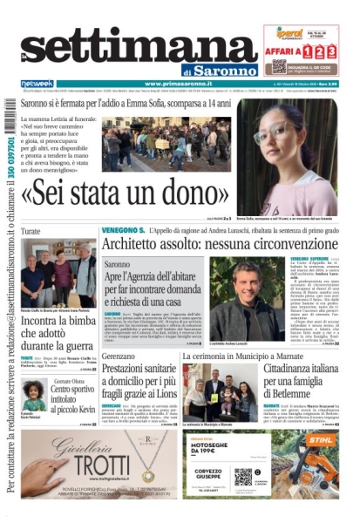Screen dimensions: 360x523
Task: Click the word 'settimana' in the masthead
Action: click(131, 39)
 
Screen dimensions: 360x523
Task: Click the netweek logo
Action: click(37, 84)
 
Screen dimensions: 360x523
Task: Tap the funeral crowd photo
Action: click(166, 145)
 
